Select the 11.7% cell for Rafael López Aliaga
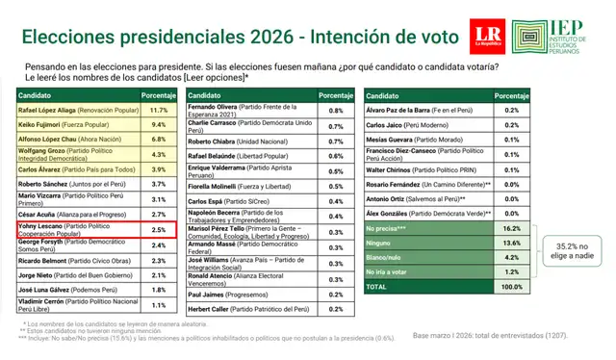pyautogui.click(x=159, y=112)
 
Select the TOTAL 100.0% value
pyautogui.click(x=484, y=288)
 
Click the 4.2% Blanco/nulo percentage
pyautogui.click(x=484, y=258)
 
